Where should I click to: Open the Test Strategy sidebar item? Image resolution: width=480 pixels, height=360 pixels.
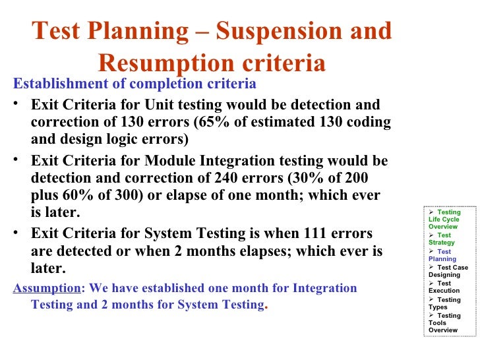441,239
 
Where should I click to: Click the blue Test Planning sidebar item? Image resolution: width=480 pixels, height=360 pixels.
442,255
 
